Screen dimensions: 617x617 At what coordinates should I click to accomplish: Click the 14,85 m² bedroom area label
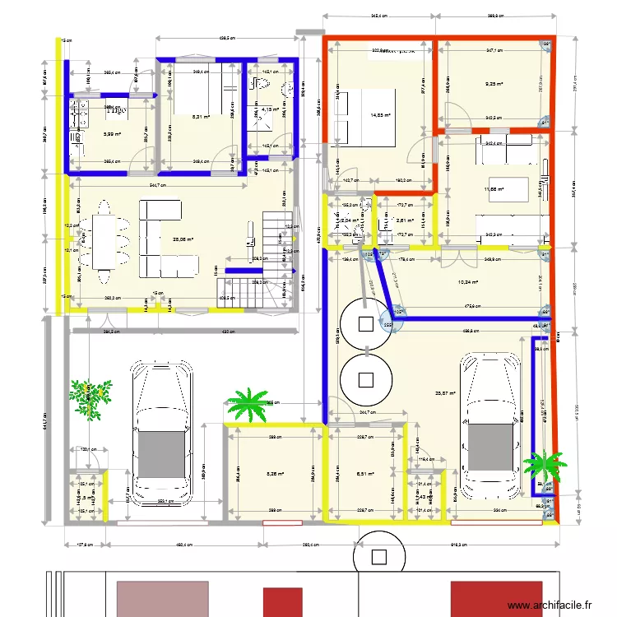381,116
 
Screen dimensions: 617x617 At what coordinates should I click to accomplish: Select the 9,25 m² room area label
494,83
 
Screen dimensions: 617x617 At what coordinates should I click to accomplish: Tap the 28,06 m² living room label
182,240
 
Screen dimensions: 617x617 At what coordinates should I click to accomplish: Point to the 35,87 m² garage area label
445,392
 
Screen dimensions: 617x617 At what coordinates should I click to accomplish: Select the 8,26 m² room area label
275,473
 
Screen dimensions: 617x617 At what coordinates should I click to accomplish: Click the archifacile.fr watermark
550,605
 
